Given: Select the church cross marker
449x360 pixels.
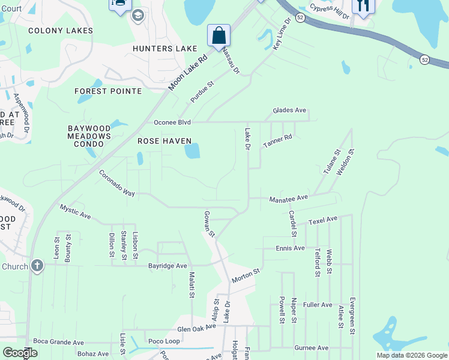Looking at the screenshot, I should (x=37, y=265).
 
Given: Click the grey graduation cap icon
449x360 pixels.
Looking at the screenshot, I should (x=138, y=15).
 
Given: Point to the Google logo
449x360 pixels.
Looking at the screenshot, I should (x=19, y=353).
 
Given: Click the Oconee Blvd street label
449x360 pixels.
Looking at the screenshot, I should (x=172, y=122).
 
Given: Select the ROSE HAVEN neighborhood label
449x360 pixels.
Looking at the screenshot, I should (x=164, y=141).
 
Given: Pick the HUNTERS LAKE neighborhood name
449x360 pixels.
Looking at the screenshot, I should (x=165, y=49).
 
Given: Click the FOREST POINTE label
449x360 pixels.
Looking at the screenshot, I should (x=108, y=91).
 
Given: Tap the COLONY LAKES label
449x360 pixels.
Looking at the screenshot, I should (x=61, y=31).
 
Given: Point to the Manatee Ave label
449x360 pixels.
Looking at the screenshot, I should (x=288, y=197).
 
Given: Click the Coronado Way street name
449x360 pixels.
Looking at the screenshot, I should (x=117, y=182).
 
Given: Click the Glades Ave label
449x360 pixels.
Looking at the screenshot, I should (x=289, y=110).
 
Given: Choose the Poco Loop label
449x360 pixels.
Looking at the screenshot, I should (x=164, y=341).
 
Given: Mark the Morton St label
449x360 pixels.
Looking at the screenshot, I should (x=246, y=276).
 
